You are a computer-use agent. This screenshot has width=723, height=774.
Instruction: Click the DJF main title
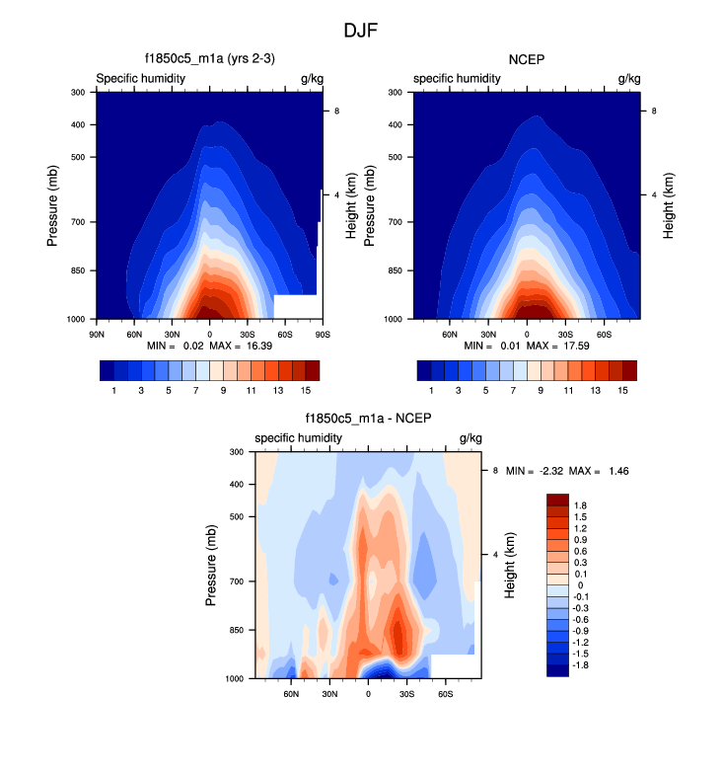coord(361,31)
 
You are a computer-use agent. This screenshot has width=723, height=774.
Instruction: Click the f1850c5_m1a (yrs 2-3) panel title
coord(209,60)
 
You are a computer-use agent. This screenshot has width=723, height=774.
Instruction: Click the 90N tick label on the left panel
coord(96,334)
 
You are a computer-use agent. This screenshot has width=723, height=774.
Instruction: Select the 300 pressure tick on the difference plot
coord(237,452)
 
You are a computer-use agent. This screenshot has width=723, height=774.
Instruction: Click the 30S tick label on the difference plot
coord(406,694)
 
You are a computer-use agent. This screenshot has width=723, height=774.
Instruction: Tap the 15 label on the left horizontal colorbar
coord(305,391)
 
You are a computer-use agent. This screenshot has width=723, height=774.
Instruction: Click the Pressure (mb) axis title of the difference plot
coord(211,565)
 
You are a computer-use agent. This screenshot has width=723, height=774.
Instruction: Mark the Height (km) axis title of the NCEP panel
coord(669,205)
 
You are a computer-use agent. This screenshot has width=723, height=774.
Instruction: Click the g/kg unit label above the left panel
coord(312,78)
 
